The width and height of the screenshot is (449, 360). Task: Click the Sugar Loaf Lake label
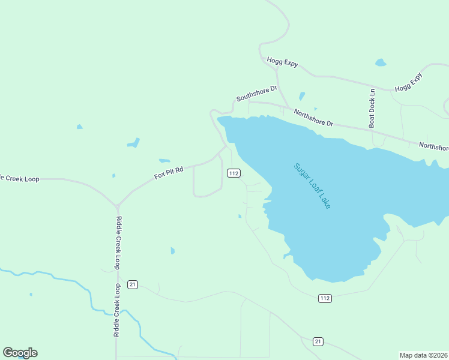[312, 185]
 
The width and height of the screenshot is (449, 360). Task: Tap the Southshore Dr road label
[256, 93]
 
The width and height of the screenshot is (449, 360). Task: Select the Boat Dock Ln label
[372, 109]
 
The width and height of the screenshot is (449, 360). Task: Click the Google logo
[20, 353]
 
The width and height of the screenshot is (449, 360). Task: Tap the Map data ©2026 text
[424, 355]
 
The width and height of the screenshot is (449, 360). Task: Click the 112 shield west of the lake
[234, 173]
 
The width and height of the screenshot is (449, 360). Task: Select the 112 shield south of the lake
[325, 298]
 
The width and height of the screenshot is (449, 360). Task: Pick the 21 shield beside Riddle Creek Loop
[133, 284]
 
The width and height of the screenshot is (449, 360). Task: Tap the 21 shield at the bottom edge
[318, 341]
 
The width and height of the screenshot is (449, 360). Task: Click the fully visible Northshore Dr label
[313, 117]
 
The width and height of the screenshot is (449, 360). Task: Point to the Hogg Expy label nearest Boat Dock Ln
[409, 82]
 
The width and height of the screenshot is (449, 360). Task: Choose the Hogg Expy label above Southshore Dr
[282, 62]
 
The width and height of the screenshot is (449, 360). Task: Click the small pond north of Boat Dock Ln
[380, 62]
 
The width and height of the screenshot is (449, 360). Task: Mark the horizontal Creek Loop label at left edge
[19, 179]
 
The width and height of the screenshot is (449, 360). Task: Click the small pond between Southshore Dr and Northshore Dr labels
[301, 96]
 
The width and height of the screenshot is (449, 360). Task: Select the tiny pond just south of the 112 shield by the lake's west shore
[240, 216]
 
